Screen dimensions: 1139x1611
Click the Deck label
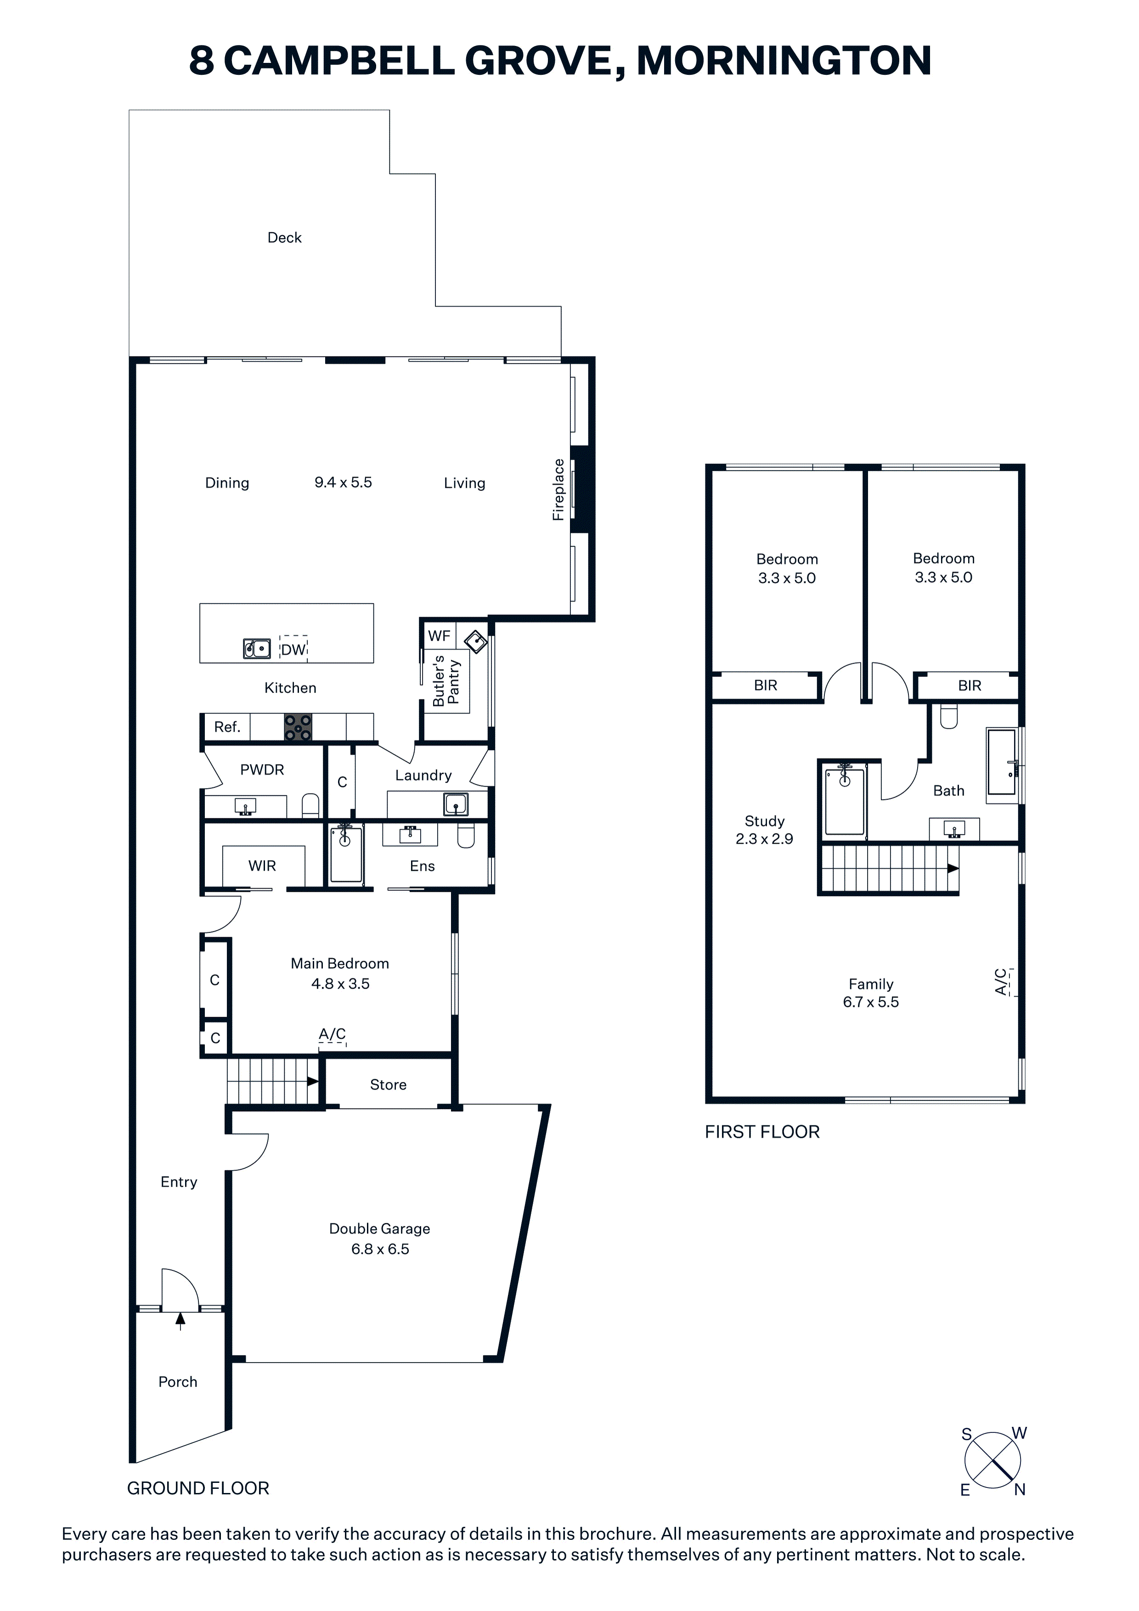pos(284,238)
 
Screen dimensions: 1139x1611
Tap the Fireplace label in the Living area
pos(558,489)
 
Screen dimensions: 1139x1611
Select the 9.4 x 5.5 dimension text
pos(343,482)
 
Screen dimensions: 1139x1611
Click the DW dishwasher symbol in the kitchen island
pos(293,649)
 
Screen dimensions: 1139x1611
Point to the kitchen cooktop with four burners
pos(298,727)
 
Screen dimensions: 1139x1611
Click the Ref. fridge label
pos(227,727)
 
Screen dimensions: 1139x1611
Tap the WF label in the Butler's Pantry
pos(440,636)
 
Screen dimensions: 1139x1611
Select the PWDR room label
pos(262,770)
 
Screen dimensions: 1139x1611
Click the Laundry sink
pos(456,804)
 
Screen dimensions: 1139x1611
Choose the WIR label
pos(262,866)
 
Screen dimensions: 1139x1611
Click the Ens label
pos(423,866)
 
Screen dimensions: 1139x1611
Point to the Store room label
pos(388,1085)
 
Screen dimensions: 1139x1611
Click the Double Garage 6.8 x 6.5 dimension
pos(380,1249)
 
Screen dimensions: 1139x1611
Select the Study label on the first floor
pos(764,821)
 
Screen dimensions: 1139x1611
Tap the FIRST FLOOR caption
pos(762,1132)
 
